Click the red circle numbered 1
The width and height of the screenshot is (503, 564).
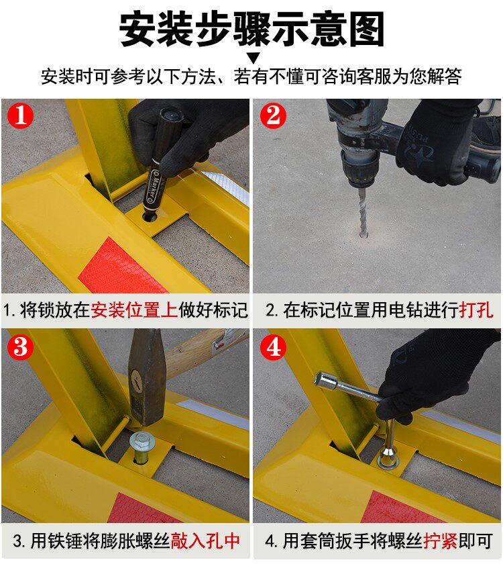pos(21,115)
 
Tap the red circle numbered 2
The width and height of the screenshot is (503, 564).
pos(273,115)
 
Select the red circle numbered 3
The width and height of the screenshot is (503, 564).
pos(21,348)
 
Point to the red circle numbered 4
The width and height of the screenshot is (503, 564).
pos(273,348)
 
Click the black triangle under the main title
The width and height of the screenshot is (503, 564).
pos(254,58)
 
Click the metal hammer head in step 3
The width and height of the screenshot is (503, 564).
pos(146,377)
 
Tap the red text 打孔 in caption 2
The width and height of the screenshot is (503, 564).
pos(476,310)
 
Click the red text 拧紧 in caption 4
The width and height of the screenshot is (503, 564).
pos(440,540)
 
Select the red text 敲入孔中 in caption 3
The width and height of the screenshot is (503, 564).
pos(205,540)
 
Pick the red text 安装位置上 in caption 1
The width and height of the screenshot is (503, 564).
pos(134,310)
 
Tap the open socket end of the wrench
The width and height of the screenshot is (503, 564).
pos(321,380)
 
